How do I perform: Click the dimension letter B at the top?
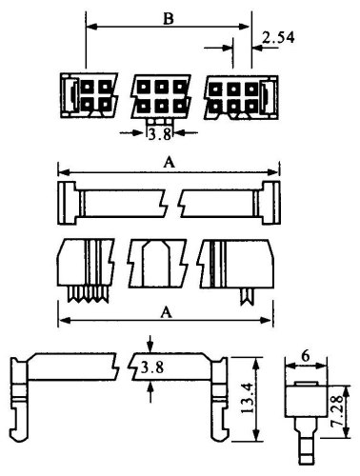click(x=169, y=19)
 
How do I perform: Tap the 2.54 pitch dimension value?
click(x=278, y=38)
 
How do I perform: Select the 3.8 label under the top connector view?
click(x=160, y=134)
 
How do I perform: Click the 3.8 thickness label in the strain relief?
click(x=152, y=367)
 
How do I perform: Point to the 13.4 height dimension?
click(x=249, y=398)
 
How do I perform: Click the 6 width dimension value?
click(x=306, y=357)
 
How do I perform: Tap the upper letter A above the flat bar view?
click(x=169, y=163)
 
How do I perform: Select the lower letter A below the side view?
click(x=166, y=312)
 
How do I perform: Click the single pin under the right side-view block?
click(x=247, y=296)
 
